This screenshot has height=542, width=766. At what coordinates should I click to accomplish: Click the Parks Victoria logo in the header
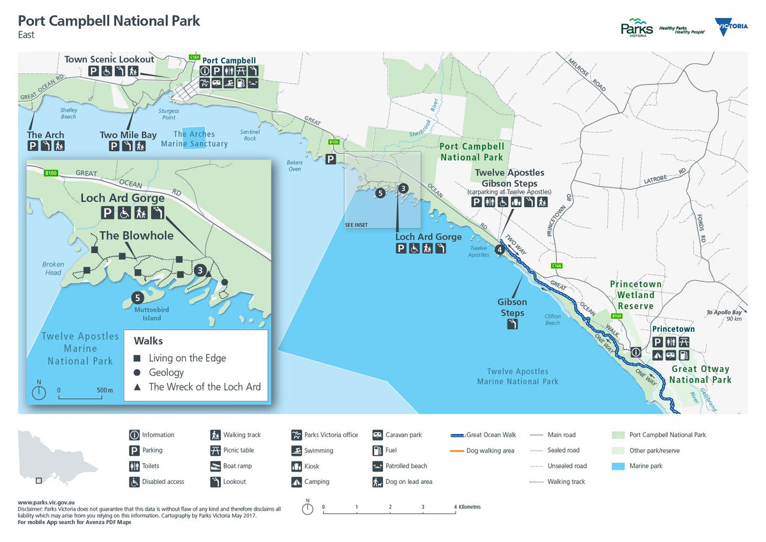(636, 28)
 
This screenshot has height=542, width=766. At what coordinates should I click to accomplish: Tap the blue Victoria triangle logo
(732, 27)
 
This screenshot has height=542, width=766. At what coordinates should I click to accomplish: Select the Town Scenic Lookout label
(109, 59)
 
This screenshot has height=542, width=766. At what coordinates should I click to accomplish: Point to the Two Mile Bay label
(128, 135)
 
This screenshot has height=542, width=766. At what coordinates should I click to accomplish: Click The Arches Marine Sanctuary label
(200, 139)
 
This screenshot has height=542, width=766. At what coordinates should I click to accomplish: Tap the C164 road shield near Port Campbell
(195, 57)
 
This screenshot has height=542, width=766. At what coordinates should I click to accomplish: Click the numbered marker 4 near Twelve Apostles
(499, 249)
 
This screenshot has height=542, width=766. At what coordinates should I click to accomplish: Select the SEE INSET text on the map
(357, 225)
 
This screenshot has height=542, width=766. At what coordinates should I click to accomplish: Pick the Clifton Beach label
(552, 320)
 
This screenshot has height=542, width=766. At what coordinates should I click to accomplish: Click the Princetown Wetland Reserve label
(635, 295)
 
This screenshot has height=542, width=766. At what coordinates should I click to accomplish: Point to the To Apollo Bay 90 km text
(726, 316)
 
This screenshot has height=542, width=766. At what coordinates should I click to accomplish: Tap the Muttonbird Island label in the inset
(143, 314)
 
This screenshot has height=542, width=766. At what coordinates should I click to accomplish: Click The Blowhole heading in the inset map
(136, 235)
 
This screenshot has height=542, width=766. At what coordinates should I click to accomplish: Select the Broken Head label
(53, 268)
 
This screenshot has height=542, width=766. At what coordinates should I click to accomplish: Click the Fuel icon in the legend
(377, 451)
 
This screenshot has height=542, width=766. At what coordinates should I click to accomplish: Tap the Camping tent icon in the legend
(296, 482)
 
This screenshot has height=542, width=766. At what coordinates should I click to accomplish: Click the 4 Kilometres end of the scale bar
(456, 509)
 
